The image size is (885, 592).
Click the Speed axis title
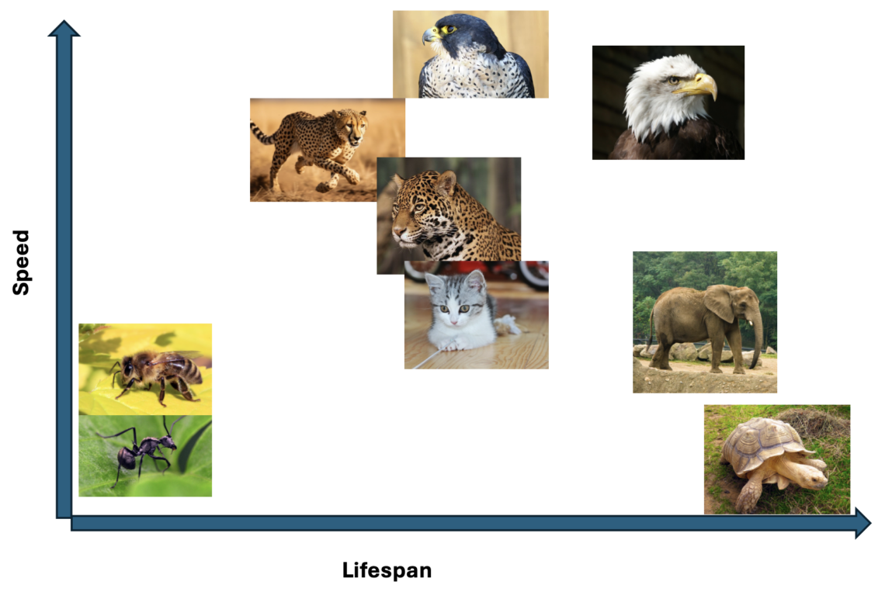21,261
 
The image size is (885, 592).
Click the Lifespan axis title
387,570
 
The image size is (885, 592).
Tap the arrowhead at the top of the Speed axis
64,28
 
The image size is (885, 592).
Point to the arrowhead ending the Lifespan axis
863,523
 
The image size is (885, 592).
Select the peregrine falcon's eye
449,29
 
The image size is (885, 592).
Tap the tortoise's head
812,477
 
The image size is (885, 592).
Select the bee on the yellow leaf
155,373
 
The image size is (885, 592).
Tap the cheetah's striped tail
264,133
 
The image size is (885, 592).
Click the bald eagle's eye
673,80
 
